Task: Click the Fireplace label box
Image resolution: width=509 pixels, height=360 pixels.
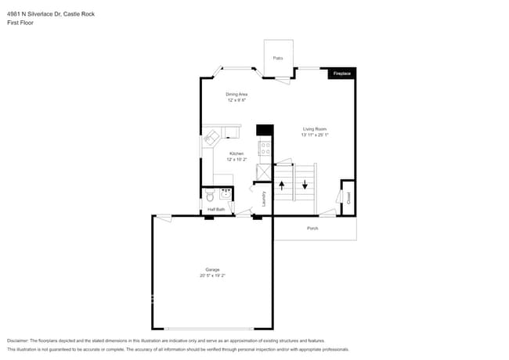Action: point(342,73)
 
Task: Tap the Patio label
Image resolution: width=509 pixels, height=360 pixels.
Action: point(278,58)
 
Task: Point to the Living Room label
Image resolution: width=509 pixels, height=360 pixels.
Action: point(315,128)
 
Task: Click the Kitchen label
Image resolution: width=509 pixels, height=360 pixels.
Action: point(236,153)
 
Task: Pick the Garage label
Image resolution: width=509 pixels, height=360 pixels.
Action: point(212,270)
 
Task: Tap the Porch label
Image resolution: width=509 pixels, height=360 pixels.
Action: point(312,229)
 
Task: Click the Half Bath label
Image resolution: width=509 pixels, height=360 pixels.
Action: point(216,210)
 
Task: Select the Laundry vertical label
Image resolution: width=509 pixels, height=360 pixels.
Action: point(264,199)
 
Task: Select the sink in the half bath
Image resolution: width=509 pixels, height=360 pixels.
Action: point(226,196)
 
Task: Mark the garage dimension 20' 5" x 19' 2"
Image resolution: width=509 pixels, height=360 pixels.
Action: point(212,275)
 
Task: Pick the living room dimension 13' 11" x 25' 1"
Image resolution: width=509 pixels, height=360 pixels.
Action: point(315,135)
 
